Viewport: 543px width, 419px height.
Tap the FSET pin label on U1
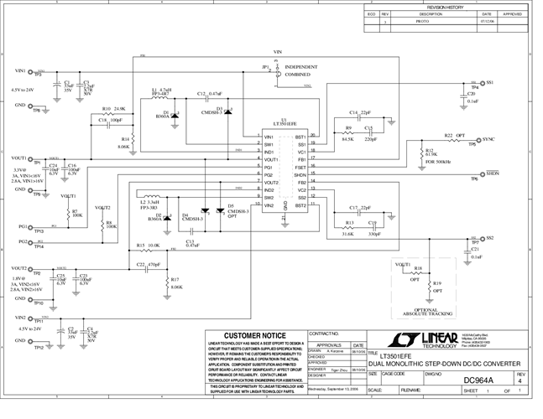[300, 168]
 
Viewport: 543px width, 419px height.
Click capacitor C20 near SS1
[470, 97]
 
